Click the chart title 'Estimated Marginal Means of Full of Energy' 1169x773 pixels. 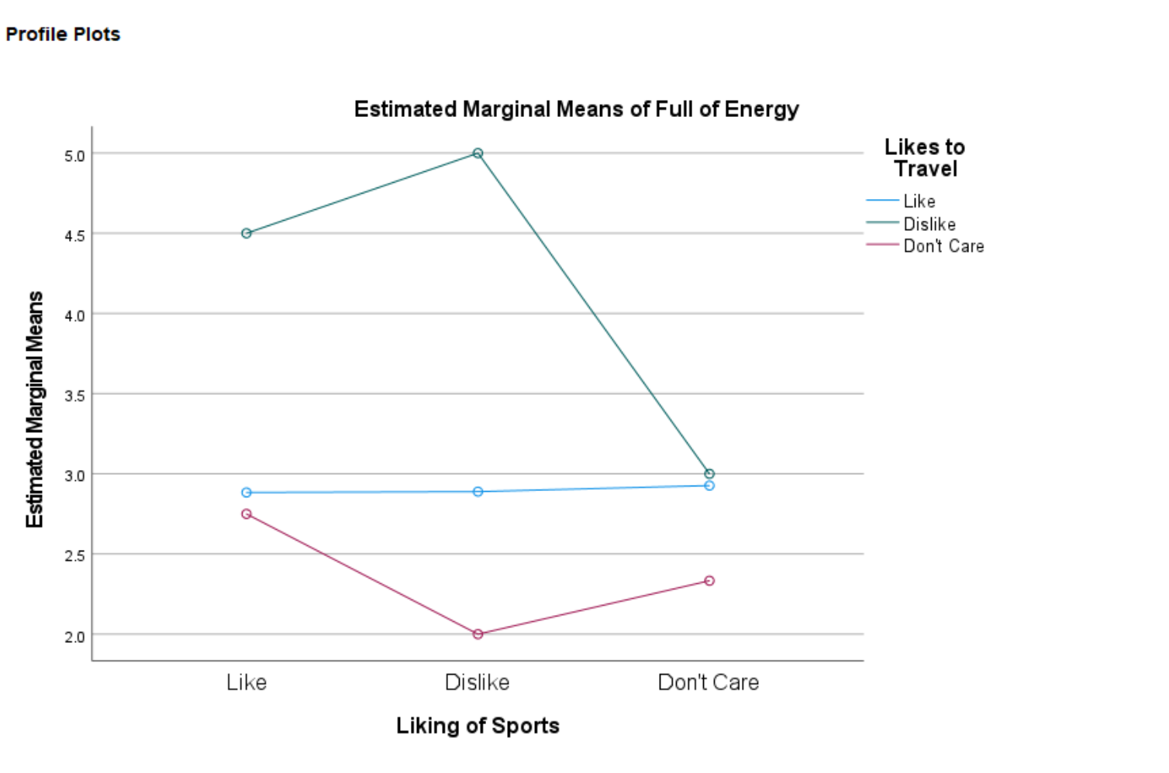click(576, 109)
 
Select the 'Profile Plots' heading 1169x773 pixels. click(63, 34)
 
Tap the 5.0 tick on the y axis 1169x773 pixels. click(74, 156)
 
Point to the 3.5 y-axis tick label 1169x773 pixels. click(74, 396)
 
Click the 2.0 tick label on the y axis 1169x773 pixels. click(74, 637)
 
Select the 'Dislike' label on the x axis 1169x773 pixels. click(477, 682)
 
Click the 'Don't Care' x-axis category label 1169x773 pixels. click(708, 682)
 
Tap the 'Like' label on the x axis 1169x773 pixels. click(247, 682)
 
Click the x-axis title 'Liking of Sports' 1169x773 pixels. click(478, 726)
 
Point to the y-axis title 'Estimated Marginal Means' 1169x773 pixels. click(35, 409)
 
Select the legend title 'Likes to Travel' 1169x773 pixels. click(925, 158)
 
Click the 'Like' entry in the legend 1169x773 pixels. click(919, 201)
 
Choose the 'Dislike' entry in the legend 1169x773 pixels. click(929, 224)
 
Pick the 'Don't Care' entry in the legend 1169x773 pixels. click(943, 246)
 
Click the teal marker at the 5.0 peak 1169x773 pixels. click(478, 153)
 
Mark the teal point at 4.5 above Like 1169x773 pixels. click(247, 233)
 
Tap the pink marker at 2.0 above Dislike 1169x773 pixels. click(478, 634)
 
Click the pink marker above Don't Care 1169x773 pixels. click(709, 581)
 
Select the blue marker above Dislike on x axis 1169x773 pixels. click(478, 492)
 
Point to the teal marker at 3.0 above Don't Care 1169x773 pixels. click(709, 474)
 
